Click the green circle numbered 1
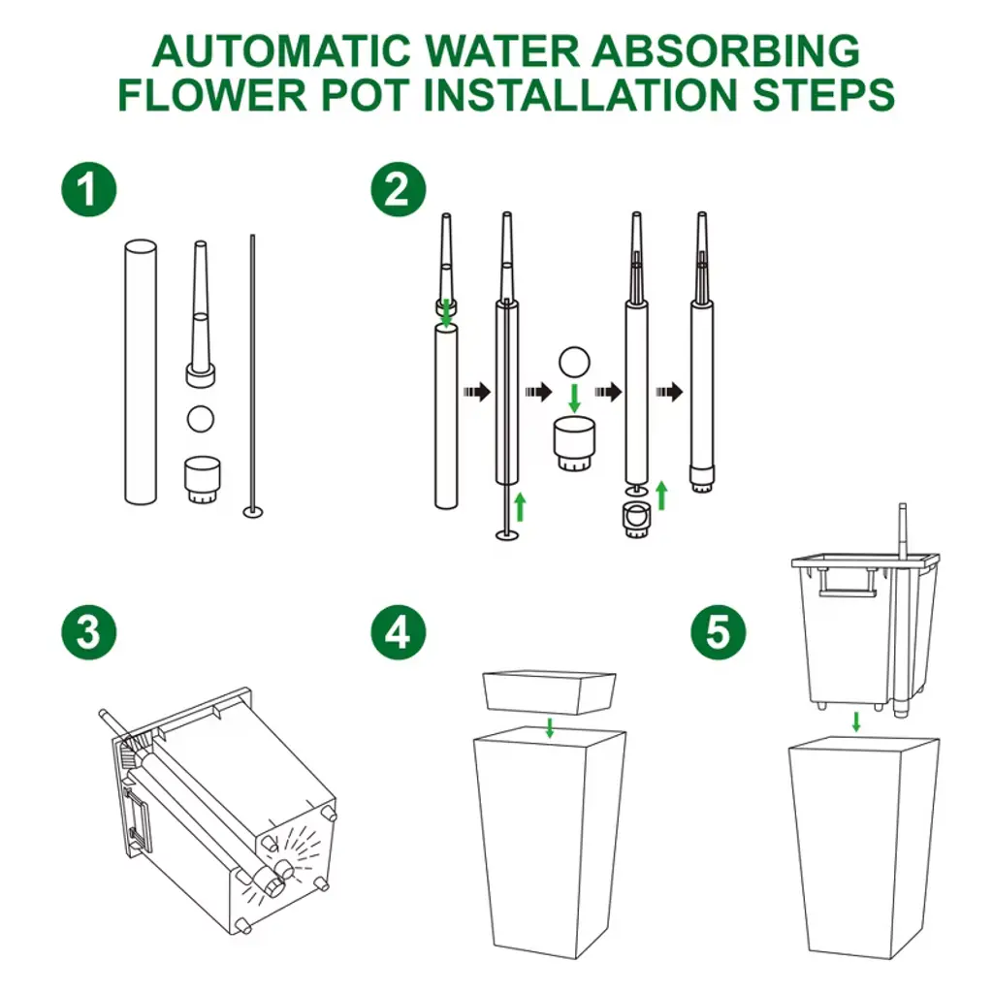[x=88, y=189]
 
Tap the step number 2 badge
[x=399, y=189]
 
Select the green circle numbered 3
[x=88, y=632]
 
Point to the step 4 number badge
[x=399, y=632]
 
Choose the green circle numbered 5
[x=719, y=632]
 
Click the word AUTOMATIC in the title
[x=282, y=50]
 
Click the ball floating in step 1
[x=200, y=419]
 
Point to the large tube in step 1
[x=141, y=371]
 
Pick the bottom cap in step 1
[x=202, y=480]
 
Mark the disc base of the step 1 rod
[x=253, y=512]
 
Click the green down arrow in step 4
[x=550, y=727]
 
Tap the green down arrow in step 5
[x=856, y=721]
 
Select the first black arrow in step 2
[x=477, y=392]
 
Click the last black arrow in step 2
[x=669, y=392]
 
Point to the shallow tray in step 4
[x=549, y=692]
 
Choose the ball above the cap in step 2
[x=574, y=363]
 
